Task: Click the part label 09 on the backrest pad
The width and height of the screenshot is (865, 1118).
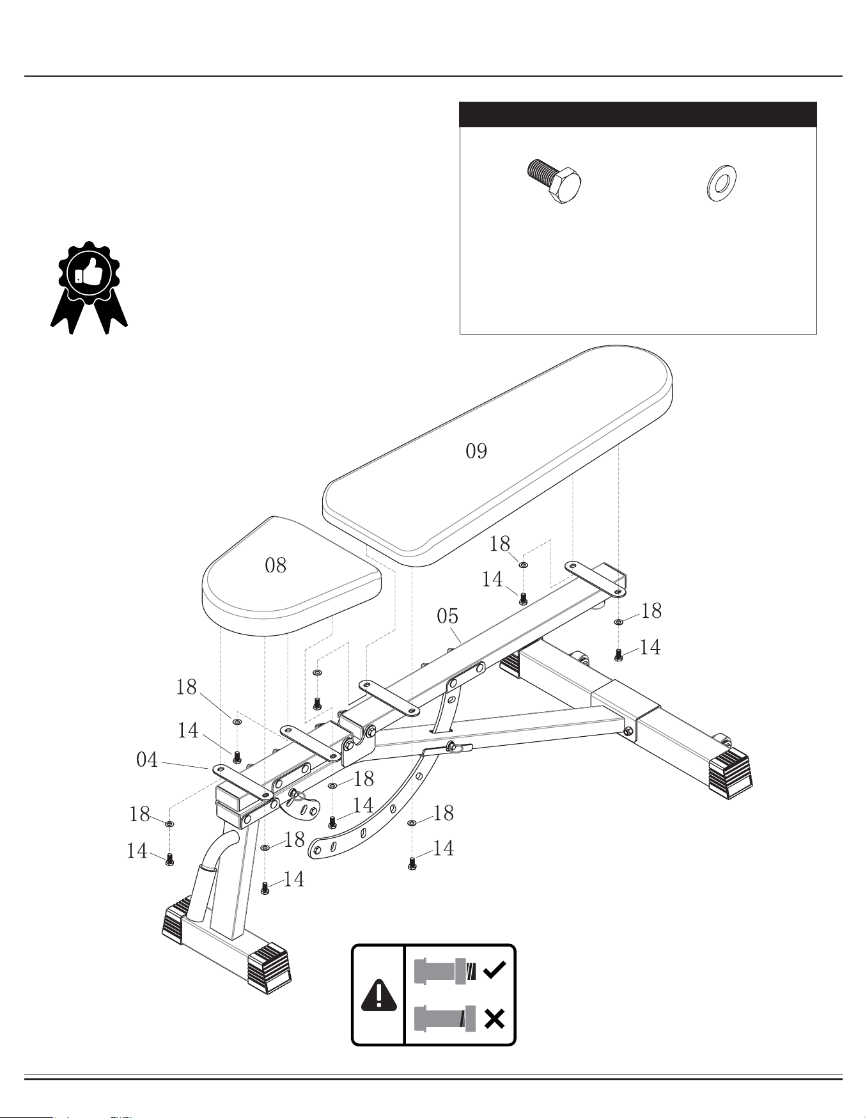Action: click(x=476, y=451)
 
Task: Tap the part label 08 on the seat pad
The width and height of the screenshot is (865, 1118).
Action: click(x=276, y=565)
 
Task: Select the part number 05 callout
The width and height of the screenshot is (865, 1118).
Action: click(x=448, y=616)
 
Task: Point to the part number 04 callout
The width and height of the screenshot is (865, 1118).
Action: click(x=147, y=760)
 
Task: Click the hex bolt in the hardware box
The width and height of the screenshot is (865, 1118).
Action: click(x=554, y=181)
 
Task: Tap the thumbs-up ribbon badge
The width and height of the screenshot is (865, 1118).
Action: click(x=90, y=287)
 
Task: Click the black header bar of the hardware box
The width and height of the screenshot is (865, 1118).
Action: click(x=638, y=114)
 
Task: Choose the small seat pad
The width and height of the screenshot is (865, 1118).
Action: click(x=291, y=576)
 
